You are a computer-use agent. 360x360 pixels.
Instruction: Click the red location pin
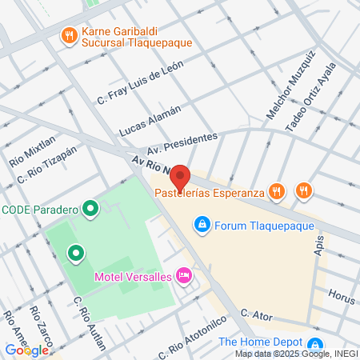coord(180,177)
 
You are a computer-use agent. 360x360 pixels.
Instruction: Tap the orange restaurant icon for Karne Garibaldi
coord(69,35)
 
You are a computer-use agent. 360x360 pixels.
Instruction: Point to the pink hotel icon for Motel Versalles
coord(184,276)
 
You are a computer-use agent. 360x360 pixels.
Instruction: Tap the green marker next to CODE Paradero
coord(91,210)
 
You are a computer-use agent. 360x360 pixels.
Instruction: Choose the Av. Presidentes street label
coord(182,144)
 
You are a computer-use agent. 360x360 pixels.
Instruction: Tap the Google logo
coord(26,350)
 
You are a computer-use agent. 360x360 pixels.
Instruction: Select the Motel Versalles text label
coord(134,277)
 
